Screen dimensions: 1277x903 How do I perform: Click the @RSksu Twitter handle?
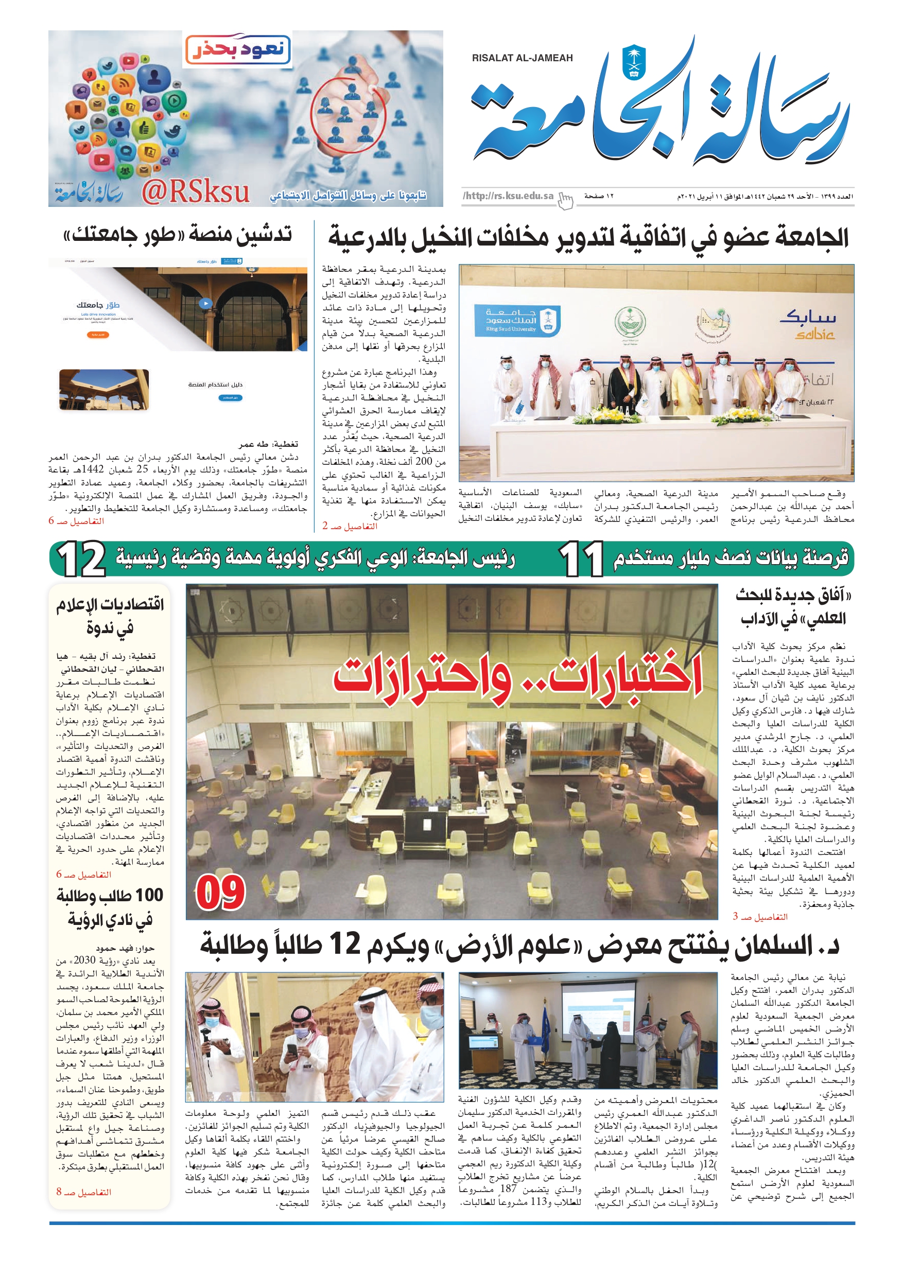coord(195,192)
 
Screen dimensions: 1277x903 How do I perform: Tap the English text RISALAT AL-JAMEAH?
coord(522,58)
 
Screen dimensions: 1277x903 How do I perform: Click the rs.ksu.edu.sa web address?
coord(508,196)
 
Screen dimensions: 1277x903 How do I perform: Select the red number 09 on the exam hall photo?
coord(220,893)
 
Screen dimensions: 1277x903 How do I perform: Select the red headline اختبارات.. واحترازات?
coord(517,677)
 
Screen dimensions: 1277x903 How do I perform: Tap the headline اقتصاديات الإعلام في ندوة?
coord(110,616)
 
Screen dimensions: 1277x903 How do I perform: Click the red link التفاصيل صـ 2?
coord(349,526)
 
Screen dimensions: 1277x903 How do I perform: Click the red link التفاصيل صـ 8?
coord(83,1192)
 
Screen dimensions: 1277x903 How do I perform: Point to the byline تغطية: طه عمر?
coord(268,444)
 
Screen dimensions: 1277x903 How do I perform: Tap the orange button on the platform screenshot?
coord(98,335)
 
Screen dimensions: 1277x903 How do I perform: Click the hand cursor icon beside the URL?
coord(565,200)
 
